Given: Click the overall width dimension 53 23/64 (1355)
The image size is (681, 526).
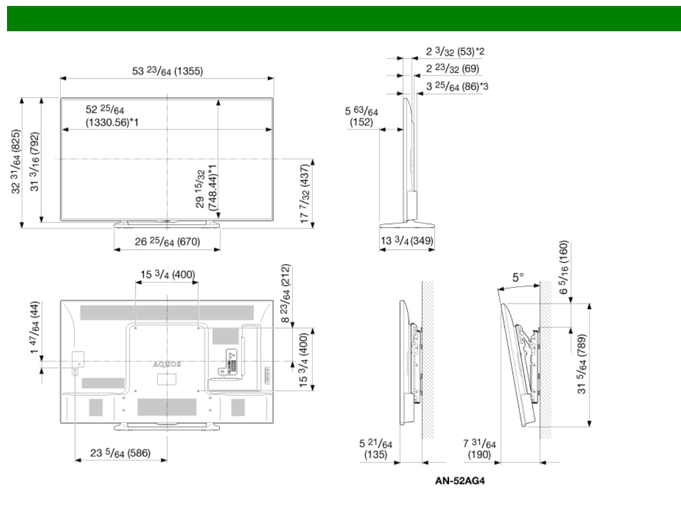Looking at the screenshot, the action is pos(167,71).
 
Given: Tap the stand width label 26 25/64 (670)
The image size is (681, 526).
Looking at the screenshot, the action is pos(167,241).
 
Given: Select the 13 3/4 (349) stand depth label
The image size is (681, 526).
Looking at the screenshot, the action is pos(407,240).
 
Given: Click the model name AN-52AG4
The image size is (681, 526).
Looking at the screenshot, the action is pos(460,481).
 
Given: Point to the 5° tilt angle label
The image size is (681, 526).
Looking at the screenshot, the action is pos(518,277).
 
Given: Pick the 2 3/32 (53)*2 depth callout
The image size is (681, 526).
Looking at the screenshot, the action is pos(455,51).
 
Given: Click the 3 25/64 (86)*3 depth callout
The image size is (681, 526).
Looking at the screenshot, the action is pos(457,86).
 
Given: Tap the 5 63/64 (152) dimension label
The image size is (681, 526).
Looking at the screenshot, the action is pos(361,116).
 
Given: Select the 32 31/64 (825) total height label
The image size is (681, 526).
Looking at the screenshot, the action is pos(16,162).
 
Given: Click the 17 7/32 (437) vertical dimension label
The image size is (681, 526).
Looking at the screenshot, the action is pos(305,193).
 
